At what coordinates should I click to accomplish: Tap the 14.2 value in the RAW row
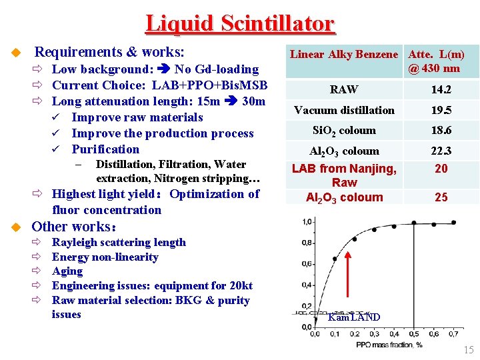point(441,89)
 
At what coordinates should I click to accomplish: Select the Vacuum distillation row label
point(344,110)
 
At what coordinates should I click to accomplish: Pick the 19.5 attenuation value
point(441,110)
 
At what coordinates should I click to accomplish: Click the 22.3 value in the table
point(441,151)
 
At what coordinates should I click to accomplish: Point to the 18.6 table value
point(441,131)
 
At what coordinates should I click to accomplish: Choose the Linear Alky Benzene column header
point(344,55)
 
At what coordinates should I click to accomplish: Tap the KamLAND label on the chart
point(354,317)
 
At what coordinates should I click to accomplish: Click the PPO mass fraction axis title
point(389,345)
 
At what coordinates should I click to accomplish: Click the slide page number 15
point(468,350)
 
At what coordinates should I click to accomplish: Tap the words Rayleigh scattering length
point(119,243)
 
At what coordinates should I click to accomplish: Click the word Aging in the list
point(67,271)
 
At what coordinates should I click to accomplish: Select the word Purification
point(105,149)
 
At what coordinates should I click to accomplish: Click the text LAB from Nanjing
point(344,169)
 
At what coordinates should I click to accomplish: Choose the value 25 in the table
point(441,197)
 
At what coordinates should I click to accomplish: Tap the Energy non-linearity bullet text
point(105,257)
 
